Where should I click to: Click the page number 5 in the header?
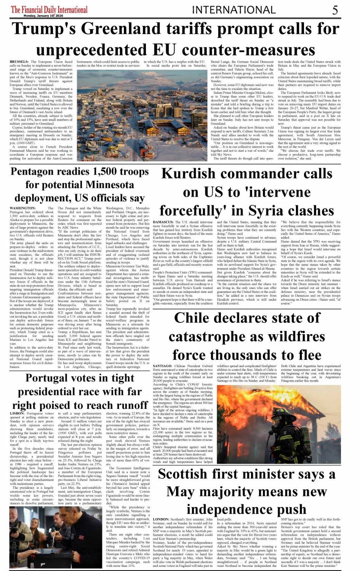point(335,10)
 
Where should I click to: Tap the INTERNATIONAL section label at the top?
point(234,10)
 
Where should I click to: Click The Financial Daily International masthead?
point(49,9)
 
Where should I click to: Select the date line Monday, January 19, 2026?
point(43,16)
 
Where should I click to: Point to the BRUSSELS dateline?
point(19,62)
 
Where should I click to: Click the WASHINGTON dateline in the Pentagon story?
point(22,208)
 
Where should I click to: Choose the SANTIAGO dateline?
point(162,366)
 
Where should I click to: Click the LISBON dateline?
point(17,413)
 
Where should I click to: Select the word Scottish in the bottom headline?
point(182,474)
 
